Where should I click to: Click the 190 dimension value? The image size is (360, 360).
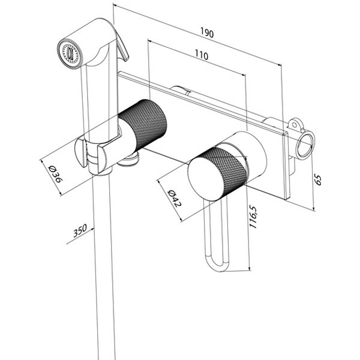(207, 34)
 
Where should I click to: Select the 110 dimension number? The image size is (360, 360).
(200, 56)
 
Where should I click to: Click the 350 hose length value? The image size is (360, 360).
(80, 232)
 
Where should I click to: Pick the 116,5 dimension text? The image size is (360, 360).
(254, 215)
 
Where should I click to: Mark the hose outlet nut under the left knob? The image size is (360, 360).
(129, 159)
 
